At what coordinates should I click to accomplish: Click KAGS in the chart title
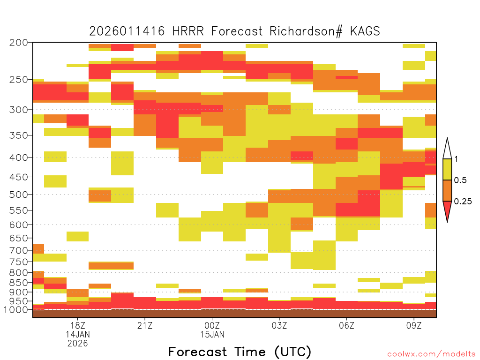coord(365,31)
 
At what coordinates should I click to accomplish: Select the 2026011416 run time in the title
coord(127,31)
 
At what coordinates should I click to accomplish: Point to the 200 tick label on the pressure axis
coord(19,43)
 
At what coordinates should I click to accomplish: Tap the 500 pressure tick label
coord(19,195)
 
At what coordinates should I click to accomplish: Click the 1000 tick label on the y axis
coord(15,310)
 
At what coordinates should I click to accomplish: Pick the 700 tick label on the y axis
coord(19,250)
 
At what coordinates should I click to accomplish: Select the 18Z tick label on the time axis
coord(78,325)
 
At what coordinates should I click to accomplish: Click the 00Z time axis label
coord(212,325)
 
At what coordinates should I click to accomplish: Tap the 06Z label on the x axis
coord(346,325)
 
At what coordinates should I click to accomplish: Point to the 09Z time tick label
coord(414,325)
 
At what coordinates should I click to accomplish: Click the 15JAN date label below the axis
coord(212,334)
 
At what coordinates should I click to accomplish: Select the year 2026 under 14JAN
coord(78,344)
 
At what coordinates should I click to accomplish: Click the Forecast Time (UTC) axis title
coord(240,352)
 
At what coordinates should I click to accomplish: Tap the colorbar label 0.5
coord(460,180)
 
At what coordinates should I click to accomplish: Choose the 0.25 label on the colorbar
coord(463,201)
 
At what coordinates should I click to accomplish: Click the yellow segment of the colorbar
coord(447,169)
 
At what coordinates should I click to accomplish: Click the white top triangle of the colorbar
coord(447,150)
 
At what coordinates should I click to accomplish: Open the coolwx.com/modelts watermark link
coord(431,354)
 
